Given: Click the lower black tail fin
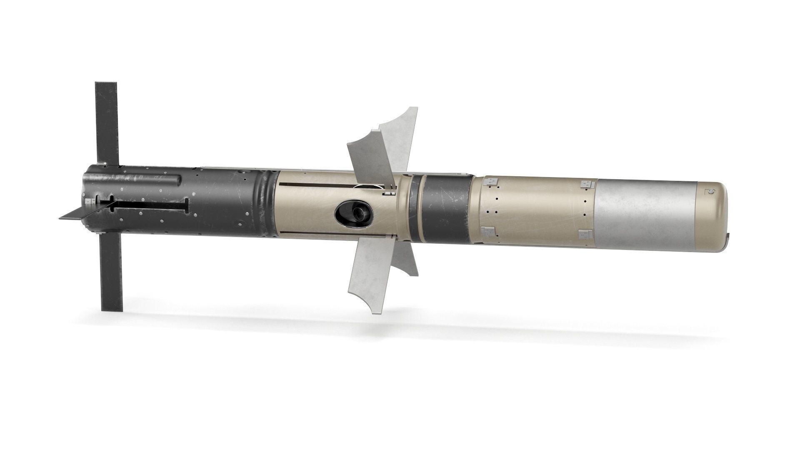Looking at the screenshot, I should [112, 275].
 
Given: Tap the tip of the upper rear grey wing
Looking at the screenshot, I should [412, 110].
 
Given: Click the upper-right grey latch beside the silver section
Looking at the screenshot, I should [587, 184].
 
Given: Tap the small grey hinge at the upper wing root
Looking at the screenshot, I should [388, 192].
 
